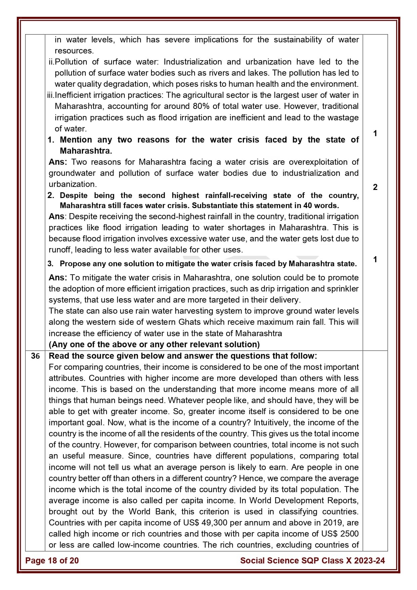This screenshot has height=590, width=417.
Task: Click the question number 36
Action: pyautogui.click(x=35, y=356)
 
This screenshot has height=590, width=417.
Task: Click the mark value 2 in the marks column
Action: pyautogui.click(x=375, y=187)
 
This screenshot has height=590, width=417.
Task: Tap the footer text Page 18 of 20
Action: pyautogui.click(x=52, y=560)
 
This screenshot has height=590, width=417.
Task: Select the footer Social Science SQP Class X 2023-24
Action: pyautogui.click(x=312, y=560)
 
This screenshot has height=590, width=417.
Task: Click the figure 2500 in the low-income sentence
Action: pyautogui.click(x=349, y=534)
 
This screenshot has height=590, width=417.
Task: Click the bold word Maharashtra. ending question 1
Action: pyautogui.click(x=86, y=151)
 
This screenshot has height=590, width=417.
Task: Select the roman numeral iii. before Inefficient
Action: pyautogui.click(x=51, y=95)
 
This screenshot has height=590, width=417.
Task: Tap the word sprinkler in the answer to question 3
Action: pyautogui.click(x=342, y=289)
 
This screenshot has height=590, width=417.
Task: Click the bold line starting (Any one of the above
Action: pyautogui.click(x=154, y=345)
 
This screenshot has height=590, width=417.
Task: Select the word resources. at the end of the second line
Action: pyautogui.click(x=74, y=51)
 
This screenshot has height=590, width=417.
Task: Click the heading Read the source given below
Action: pyautogui.click(x=121, y=356)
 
